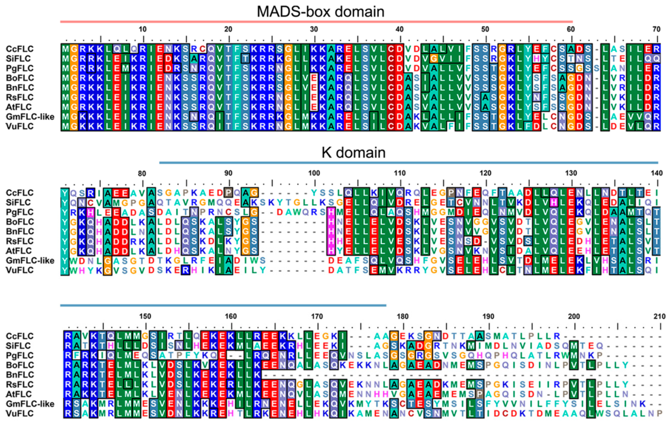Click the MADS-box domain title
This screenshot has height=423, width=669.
(320, 12)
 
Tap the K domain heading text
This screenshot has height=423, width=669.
(353, 152)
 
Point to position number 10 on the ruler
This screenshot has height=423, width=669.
(143, 29)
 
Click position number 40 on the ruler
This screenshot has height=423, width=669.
(399, 29)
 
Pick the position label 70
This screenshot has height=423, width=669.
(656, 29)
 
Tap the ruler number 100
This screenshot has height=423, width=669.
(314, 173)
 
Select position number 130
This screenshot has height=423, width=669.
(571, 173)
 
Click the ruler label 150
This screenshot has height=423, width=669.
(145, 316)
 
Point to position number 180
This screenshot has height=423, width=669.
(403, 316)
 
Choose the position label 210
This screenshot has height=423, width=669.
(659, 316)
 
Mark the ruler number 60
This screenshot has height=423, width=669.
(571, 29)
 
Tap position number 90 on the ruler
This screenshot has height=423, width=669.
(228, 173)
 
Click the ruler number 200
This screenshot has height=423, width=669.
(574, 316)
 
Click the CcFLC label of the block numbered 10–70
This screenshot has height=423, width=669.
(20, 49)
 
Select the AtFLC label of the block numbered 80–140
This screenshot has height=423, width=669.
(19, 251)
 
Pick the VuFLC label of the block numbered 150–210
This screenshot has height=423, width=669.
(20, 413)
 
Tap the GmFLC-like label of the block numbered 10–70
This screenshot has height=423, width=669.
(30, 116)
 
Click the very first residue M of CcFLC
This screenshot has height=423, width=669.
(65, 49)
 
